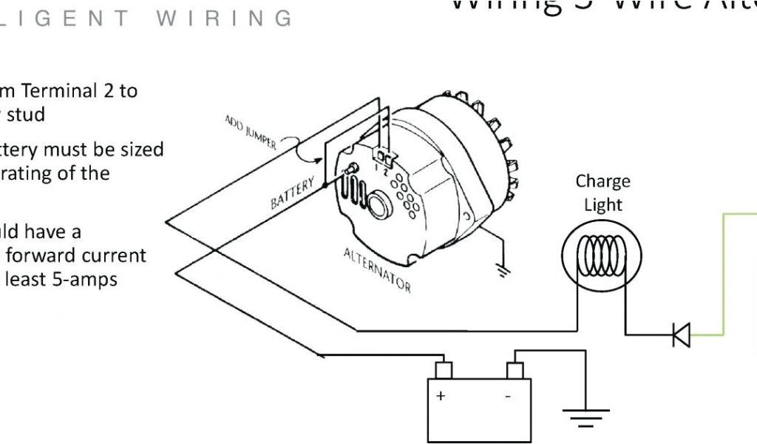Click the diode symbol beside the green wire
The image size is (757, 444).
682,335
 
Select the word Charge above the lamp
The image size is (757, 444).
602,181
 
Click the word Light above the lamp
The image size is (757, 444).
602,205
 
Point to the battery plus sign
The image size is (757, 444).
441,396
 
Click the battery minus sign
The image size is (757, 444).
508,396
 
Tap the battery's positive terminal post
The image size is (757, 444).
443,369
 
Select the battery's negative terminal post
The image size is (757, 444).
515,369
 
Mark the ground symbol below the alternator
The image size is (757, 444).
504,270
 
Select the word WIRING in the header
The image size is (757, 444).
224,18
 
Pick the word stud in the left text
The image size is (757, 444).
26,115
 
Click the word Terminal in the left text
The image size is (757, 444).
58,91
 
